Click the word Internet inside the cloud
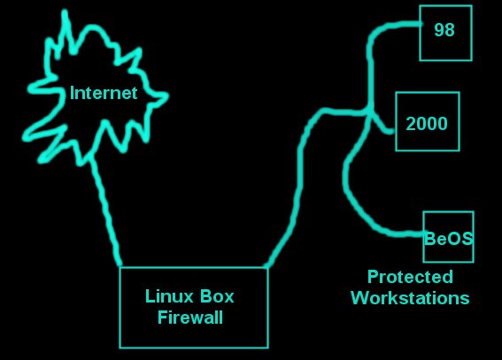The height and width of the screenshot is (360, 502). click(104, 93)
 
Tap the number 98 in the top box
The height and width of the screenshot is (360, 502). click(444, 30)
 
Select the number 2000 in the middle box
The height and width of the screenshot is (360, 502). click(427, 124)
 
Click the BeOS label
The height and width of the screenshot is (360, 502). click(448, 238)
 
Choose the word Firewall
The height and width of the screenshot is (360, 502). click(190, 318)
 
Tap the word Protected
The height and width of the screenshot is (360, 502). click(411, 277)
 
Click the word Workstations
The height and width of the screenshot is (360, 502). click(410, 298)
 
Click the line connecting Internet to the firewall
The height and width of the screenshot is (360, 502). click(105, 211)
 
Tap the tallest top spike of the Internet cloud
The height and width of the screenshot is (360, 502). click(65, 12)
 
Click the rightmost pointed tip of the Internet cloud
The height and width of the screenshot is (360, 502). click(167, 95)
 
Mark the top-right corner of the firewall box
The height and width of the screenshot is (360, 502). click(267, 268)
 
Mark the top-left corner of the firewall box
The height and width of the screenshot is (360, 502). click(120, 268)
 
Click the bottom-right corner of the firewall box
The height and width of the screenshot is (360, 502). click(267, 348)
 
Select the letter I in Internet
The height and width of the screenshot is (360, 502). click(72, 93)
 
